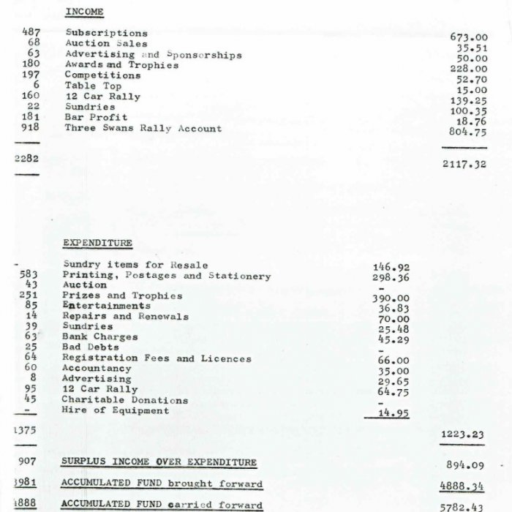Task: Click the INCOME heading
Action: tap(84, 12)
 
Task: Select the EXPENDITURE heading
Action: tap(97, 243)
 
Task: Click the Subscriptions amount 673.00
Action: tap(469, 37)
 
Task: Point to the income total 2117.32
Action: tap(464, 165)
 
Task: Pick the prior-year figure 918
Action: tap(31, 128)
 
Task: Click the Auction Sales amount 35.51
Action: tap(472, 48)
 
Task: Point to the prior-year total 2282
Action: tap(27, 158)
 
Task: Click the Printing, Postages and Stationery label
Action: tap(167, 276)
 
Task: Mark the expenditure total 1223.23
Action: tap(462, 434)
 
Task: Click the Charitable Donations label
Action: tap(125, 400)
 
